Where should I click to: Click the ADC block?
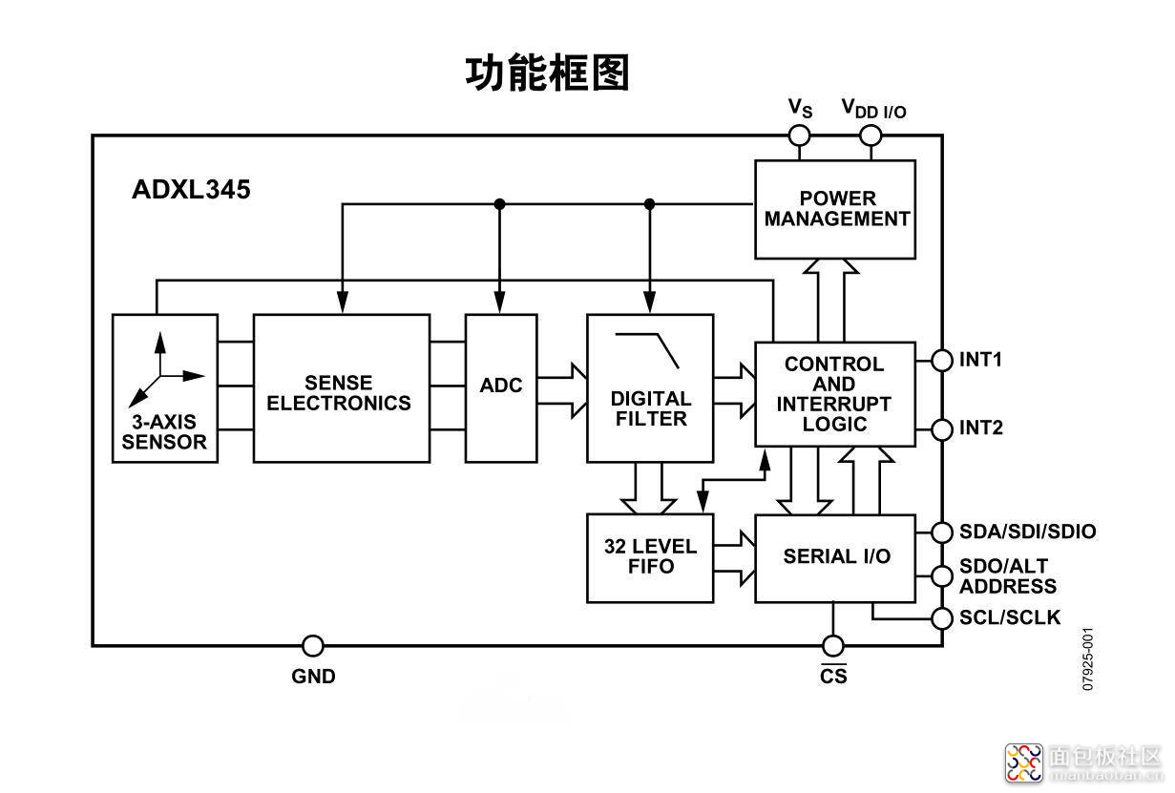coord(501,388)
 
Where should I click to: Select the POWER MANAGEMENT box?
coord(835,209)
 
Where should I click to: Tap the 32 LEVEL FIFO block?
coord(650,558)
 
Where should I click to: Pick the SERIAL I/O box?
coord(835,558)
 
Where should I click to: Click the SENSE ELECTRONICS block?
coord(342,388)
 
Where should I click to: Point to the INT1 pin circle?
coord(942,361)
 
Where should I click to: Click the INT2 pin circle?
coord(942,429)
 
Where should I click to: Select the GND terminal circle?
coord(313,646)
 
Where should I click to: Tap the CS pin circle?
coord(833,646)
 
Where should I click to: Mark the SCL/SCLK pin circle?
coord(942,618)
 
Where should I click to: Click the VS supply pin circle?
coord(800,136)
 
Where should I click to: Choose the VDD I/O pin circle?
coord(871,136)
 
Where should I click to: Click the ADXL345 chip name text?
coord(191,189)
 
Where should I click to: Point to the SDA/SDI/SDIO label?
coord(1028,532)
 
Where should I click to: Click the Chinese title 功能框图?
coord(547,73)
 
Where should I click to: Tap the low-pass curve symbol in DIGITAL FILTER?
coord(647,350)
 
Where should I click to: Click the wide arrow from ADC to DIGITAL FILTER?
coord(562,390)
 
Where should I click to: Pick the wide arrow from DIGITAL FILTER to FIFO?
coord(648,489)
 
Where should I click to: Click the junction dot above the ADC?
coord(499,204)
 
